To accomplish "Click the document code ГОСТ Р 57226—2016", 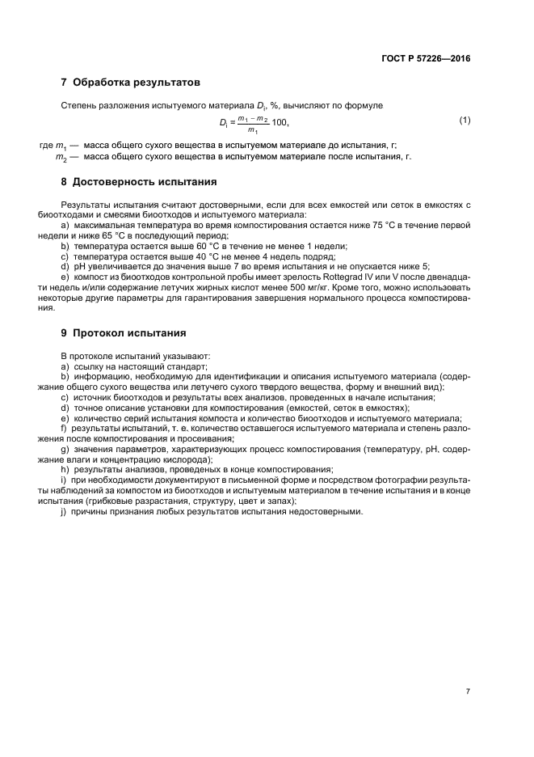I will click(x=426, y=58).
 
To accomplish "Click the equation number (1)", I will click(x=465, y=121).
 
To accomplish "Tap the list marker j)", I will click(x=64, y=512).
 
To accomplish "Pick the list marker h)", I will click(x=65, y=470).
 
